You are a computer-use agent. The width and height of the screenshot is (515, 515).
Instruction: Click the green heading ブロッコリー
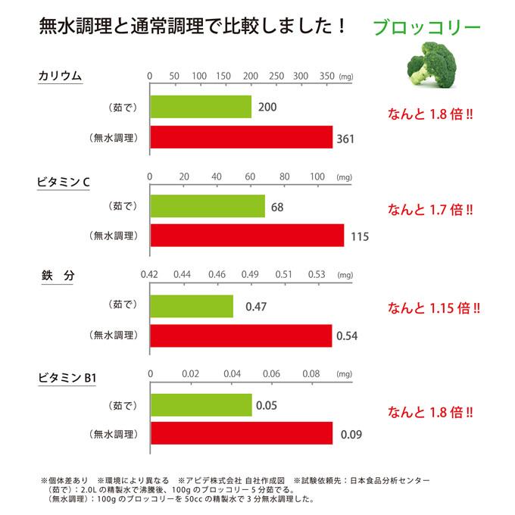pos(426,28)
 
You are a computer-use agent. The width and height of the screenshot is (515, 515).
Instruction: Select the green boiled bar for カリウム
pos(201,107)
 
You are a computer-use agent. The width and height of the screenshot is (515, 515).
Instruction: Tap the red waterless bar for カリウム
pos(242,137)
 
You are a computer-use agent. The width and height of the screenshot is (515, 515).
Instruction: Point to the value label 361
pos(345,139)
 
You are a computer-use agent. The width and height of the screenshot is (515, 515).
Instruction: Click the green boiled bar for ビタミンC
pos(208,206)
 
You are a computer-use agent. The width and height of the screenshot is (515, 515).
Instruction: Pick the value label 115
pos(360,237)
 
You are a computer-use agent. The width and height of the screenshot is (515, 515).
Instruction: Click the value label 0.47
pos(256,307)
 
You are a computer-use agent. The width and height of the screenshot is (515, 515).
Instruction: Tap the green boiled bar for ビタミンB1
pos(201,405)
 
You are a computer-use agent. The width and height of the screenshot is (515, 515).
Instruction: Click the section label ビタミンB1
pos(68,376)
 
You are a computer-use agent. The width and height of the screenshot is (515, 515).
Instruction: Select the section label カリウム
pos(60,76)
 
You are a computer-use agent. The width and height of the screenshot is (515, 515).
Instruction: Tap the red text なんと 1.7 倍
pos(431,209)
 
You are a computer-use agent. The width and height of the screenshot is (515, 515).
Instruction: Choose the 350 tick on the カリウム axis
pos(326,76)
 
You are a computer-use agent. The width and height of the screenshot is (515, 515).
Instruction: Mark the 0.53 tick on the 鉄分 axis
pos(317,274)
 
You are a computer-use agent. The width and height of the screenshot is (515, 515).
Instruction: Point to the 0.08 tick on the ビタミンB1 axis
pos(311,373)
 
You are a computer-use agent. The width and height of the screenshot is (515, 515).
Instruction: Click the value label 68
pos(277,208)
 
